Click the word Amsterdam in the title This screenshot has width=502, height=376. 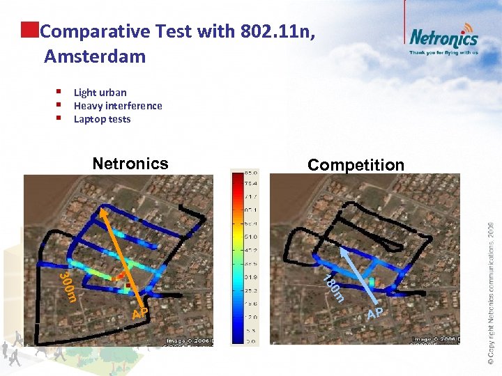click(x=95, y=56)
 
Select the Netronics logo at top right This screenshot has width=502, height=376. click(x=443, y=36)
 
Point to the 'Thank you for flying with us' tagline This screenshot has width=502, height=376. click(x=443, y=52)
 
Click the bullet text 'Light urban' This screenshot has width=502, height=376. click(x=100, y=93)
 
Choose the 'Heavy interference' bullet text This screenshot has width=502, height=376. click(x=118, y=106)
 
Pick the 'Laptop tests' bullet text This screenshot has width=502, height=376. click(x=102, y=119)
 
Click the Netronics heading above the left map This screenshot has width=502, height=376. click(x=130, y=164)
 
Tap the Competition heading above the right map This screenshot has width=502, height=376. click(x=356, y=165)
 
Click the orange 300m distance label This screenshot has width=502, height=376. click(x=67, y=287)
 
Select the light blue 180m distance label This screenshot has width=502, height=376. click(x=333, y=286)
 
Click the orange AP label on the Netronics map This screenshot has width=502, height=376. click(x=139, y=313)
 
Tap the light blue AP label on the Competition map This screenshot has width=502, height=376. click(x=375, y=313)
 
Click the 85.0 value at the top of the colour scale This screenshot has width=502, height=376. click(x=250, y=172)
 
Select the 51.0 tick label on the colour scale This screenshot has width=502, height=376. click(x=250, y=236)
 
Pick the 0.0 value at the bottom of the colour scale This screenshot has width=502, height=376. click(x=250, y=341)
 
